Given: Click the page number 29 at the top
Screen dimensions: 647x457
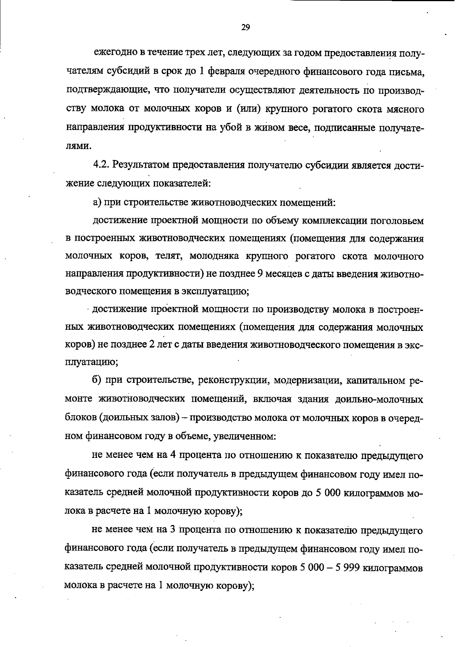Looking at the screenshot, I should point(245,27).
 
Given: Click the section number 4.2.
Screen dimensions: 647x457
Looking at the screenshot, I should point(101,165).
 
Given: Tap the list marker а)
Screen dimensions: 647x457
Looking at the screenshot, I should point(97,202).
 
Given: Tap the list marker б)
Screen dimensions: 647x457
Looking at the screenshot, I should point(97,380).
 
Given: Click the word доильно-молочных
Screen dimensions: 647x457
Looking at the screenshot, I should point(379,399).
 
